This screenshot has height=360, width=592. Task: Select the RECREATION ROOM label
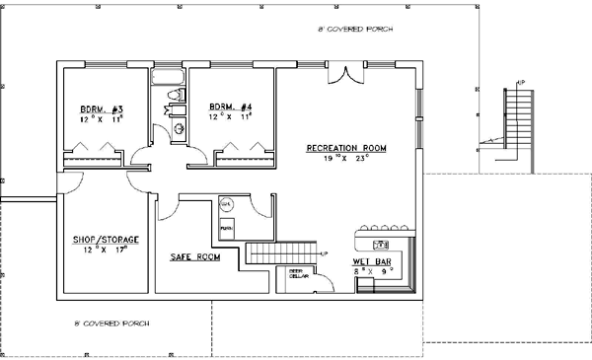pyautogui.click(x=345, y=147)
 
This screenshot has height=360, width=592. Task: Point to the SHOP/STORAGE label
pyautogui.click(x=105, y=240)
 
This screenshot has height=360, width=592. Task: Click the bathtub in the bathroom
pyautogui.click(x=169, y=77)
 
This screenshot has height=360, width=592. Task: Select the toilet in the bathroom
pyautogui.click(x=174, y=96)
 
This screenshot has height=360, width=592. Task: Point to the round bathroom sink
pyautogui.click(x=179, y=128)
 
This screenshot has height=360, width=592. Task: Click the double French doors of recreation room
pyautogui.click(x=343, y=75)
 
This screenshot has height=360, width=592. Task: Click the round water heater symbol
pyautogui.click(x=225, y=204)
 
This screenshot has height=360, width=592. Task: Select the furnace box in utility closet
pyautogui.click(x=226, y=226)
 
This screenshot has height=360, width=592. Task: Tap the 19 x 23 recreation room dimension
pyautogui.click(x=346, y=157)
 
